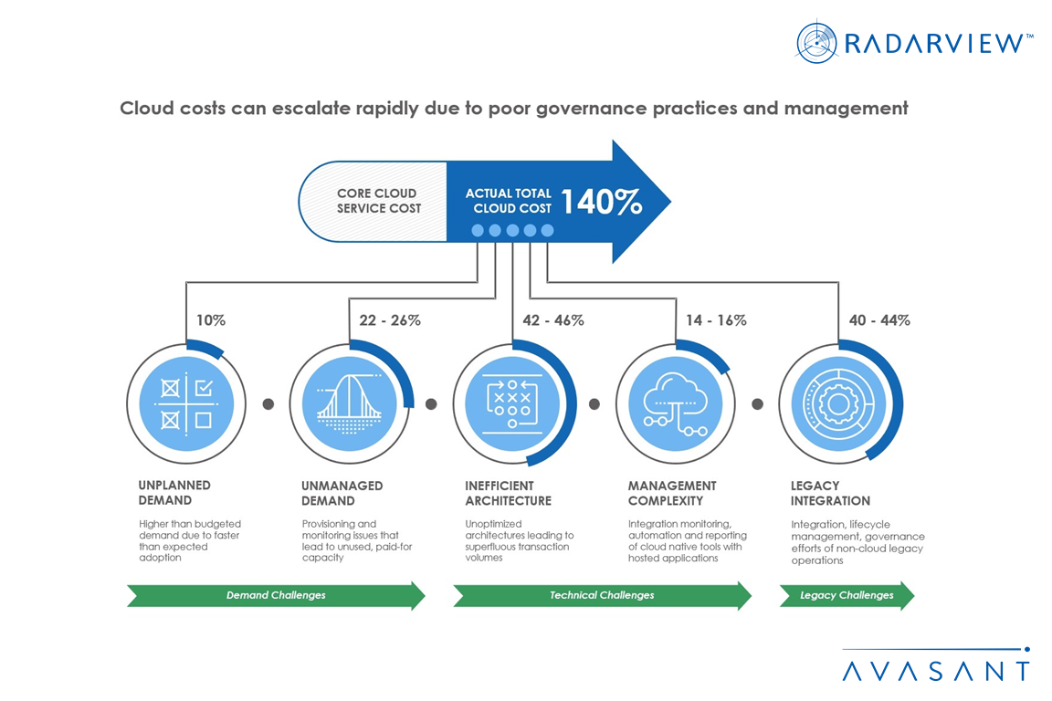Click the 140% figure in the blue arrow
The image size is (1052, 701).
(601, 203)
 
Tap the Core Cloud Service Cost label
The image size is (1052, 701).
(378, 201)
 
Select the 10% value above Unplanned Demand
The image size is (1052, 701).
(211, 320)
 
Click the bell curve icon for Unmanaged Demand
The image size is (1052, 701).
(349, 403)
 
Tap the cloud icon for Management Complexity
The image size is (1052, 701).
(675, 403)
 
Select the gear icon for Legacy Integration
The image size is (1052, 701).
(838, 403)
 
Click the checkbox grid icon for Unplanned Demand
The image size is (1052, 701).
(186, 403)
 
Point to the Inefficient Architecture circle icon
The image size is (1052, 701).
(512, 403)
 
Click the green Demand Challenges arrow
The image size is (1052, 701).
(276, 595)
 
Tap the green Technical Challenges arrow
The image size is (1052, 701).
(602, 595)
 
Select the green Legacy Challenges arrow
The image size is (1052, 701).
(847, 595)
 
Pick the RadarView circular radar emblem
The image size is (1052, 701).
(817, 43)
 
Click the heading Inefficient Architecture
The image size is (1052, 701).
(508, 493)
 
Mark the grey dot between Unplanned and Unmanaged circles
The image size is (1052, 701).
(268, 404)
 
